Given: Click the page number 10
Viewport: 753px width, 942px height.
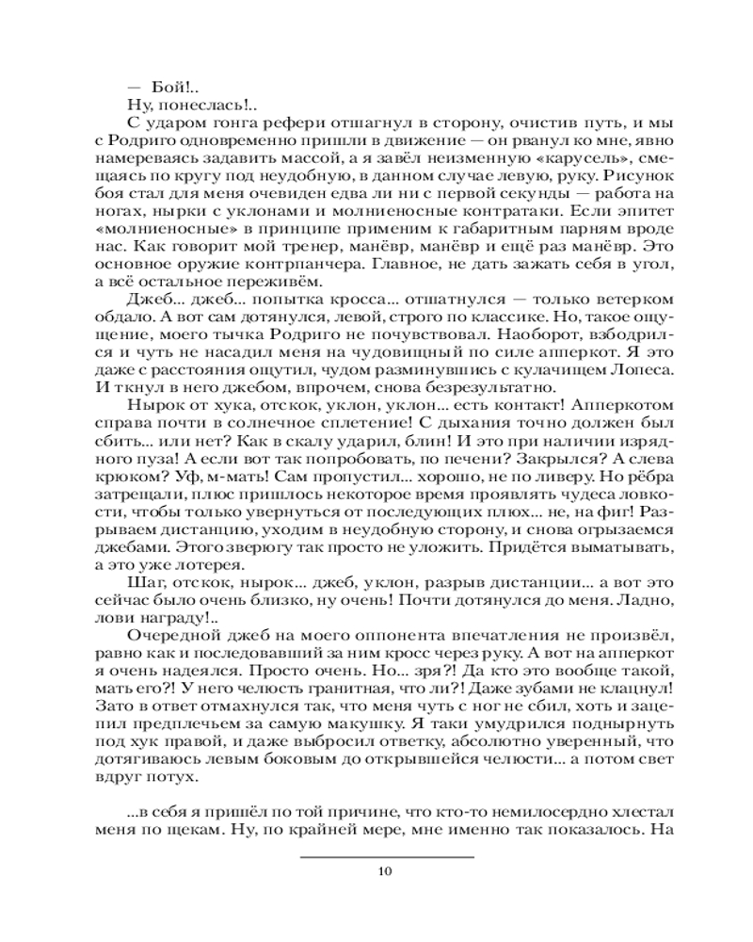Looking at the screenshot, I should (383, 870).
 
